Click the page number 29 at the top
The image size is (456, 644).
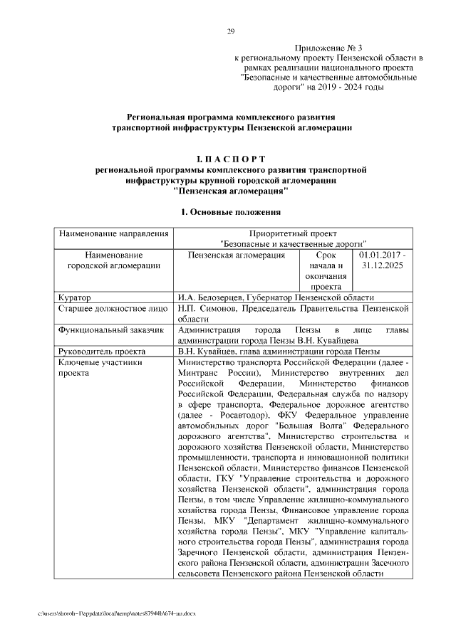(231, 31)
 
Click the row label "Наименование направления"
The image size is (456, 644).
(113, 233)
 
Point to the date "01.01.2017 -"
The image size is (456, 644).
(383, 254)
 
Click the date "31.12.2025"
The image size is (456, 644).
(383, 265)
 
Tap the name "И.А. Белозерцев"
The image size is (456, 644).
(211, 297)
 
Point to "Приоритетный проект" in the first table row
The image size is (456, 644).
(293, 233)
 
